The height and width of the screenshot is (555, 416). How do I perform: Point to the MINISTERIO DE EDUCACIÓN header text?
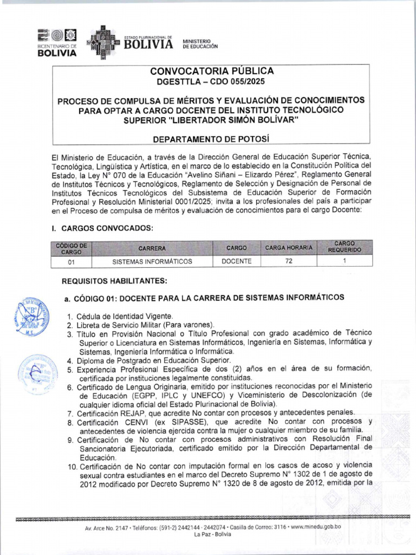pyautogui.click(x=200, y=44)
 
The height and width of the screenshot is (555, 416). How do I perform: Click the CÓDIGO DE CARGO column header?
pyautogui.click(x=71, y=248)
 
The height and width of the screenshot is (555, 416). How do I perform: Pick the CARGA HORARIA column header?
pyautogui.click(x=289, y=248)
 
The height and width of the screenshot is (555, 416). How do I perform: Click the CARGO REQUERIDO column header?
pyautogui.click(x=344, y=247)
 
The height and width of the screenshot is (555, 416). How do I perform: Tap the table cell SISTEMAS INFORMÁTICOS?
pyautogui.click(x=152, y=262)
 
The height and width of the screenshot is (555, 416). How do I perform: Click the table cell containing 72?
pyautogui.click(x=289, y=261)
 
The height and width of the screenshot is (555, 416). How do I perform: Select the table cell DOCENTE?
pyautogui.click(x=237, y=261)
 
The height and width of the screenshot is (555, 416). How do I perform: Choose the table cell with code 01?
pyautogui.click(x=71, y=262)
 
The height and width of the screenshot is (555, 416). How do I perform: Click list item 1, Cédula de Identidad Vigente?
pyautogui.click(x=120, y=316)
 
